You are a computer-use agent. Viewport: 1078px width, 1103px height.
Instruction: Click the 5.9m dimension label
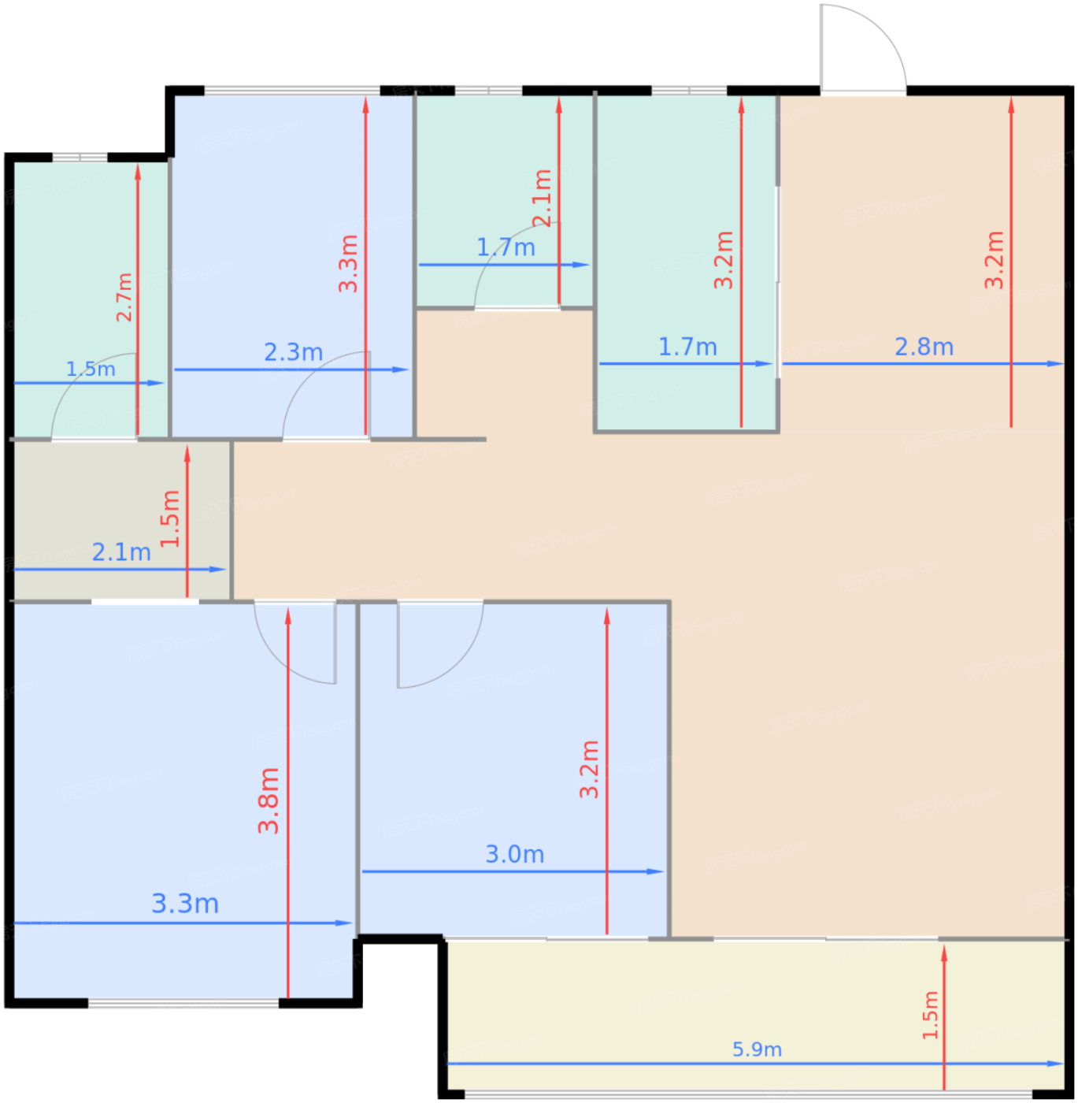[x=757, y=1049]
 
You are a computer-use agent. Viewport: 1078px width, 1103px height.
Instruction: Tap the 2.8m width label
[x=924, y=347]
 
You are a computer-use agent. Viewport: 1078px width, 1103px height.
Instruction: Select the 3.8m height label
[x=269, y=800]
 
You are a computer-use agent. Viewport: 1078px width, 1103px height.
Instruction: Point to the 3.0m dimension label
[x=514, y=853]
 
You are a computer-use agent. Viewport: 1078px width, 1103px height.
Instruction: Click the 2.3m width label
[x=294, y=352]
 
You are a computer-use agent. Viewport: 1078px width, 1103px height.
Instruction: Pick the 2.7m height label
[x=124, y=297]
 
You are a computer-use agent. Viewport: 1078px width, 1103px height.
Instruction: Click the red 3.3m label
[x=348, y=263]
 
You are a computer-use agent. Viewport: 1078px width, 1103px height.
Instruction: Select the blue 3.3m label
[x=185, y=903]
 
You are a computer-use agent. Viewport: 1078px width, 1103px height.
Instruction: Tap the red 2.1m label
[x=542, y=198]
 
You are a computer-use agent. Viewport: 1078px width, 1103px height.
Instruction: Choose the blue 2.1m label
[x=121, y=552]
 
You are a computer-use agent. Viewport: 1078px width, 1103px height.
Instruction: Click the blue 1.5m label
[x=91, y=369]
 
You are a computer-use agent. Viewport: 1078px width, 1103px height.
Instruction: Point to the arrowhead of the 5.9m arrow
[x=1055, y=1064]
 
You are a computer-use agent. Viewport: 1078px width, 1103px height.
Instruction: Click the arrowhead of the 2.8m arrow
[x=1055, y=363]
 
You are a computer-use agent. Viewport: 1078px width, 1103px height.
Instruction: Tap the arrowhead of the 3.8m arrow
[x=287, y=616]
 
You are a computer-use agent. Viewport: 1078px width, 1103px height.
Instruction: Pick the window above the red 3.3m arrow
[x=291, y=90]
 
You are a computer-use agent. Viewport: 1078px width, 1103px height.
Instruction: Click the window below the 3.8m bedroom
[x=183, y=1003]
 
